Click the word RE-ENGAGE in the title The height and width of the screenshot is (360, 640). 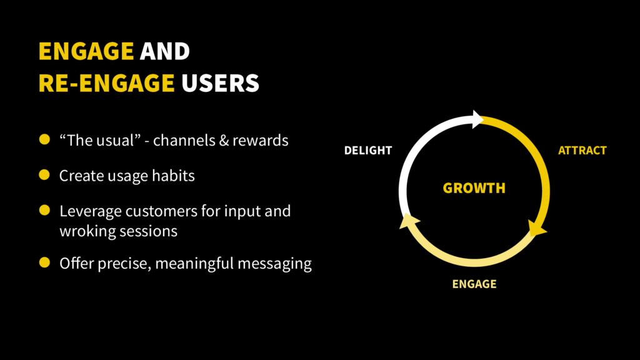[106, 83]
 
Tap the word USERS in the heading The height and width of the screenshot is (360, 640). [220, 83]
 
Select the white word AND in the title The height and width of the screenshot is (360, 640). [165, 51]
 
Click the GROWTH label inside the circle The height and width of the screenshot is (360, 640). [474, 188]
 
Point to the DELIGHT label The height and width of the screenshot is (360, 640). [368, 151]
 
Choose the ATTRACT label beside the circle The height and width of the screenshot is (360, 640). [582, 151]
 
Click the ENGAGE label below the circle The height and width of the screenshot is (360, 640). [474, 284]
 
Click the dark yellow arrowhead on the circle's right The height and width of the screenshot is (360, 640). [537, 227]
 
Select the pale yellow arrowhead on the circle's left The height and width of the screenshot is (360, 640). [408, 221]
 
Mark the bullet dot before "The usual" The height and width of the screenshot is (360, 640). [44, 139]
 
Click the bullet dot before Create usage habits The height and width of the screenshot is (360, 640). [44, 175]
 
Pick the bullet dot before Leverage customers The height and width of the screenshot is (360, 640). [44, 211]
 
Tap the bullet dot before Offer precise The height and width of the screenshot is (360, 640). [44, 262]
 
